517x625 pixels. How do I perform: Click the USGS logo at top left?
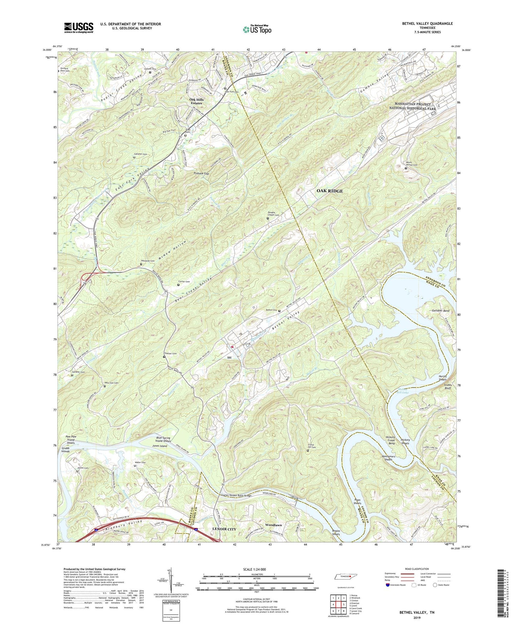(79, 27)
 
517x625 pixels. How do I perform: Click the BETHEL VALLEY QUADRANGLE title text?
(422, 24)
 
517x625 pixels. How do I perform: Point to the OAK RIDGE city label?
(330, 191)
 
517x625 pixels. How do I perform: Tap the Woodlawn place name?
(274, 525)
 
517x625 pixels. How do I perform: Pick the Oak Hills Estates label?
(196, 101)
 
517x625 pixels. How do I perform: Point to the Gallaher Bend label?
(441, 311)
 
